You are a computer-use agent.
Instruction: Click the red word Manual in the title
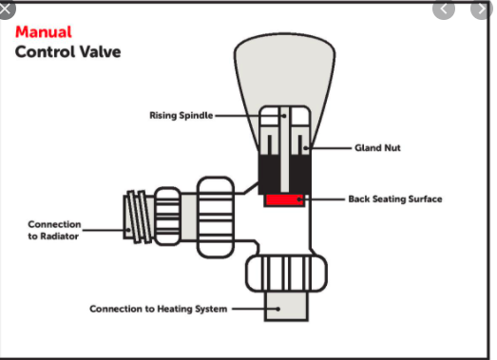[44, 32]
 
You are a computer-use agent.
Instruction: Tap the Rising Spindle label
[181, 115]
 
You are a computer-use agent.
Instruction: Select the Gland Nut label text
[377, 147]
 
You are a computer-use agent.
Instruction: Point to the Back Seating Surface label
[395, 199]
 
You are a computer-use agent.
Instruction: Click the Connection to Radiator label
[54, 230]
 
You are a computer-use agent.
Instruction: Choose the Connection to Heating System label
[158, 309]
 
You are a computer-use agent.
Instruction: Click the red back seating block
[284, 200]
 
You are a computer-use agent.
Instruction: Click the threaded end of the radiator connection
[139, 218]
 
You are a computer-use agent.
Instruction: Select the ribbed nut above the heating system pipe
[287, 274]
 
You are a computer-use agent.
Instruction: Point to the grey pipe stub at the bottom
[286, 306]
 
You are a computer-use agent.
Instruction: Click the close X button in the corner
[6, 9]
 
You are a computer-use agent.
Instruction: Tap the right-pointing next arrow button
[482, 9]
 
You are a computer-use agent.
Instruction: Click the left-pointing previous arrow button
[444, 9]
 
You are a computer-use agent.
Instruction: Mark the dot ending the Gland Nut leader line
[305, 148]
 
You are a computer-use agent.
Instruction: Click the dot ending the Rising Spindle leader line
[284, 116]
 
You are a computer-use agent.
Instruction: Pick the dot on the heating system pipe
[278, 309]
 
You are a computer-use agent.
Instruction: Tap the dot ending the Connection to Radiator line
[128, 230]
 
